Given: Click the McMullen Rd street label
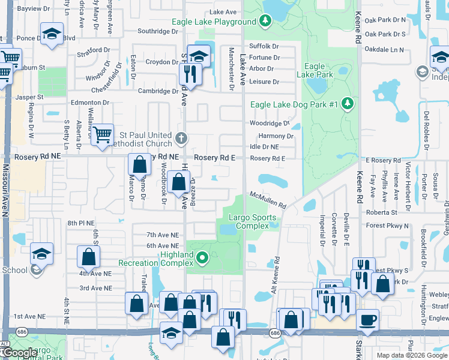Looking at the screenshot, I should (x=268, y=200).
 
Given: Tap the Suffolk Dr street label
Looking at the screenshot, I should (x=264, y=46).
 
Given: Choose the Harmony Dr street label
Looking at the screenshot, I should (x=276, y=136).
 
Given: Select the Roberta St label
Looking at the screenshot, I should (x=382, y=212).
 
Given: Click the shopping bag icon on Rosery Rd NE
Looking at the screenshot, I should (x=139, y=164).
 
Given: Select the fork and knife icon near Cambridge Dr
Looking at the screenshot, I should (x=188, y=74).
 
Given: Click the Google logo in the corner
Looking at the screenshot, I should (x=19, y=353).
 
